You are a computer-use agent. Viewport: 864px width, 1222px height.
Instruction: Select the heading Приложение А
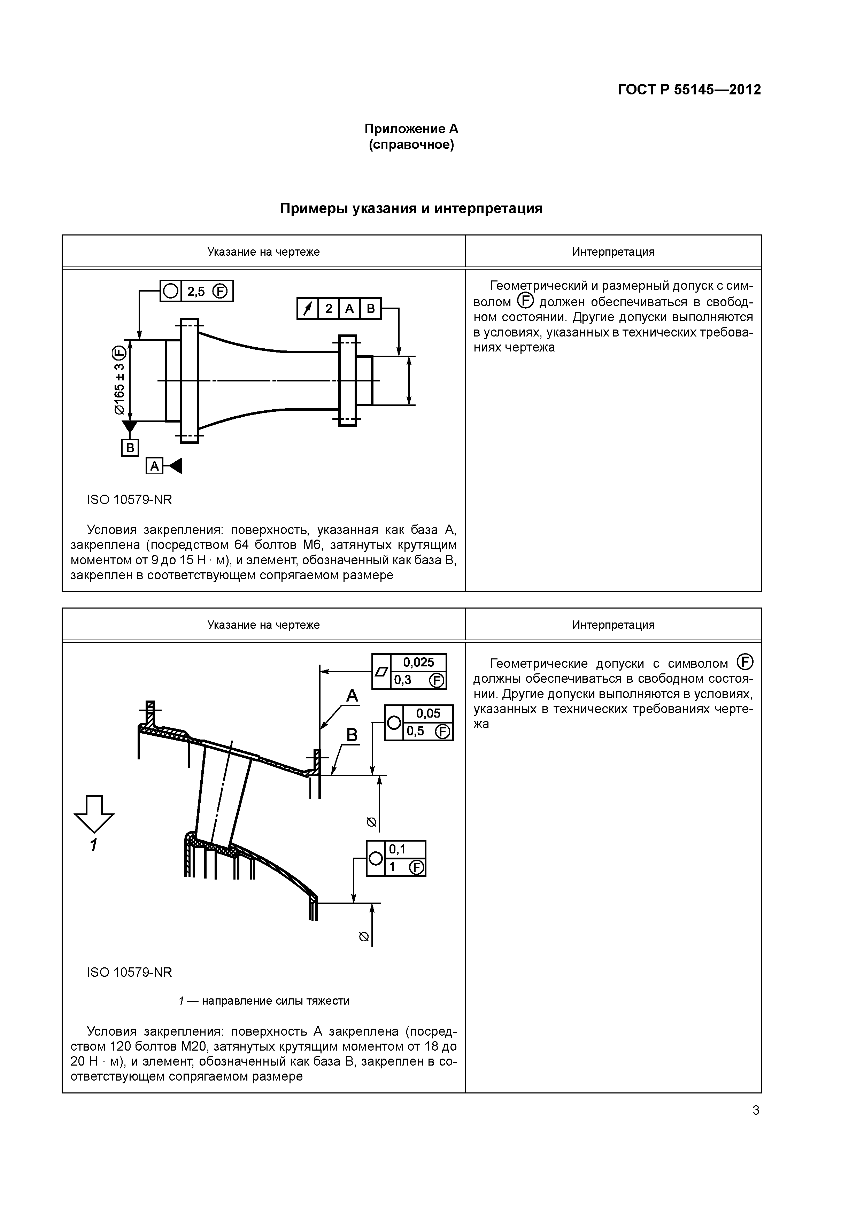(x=411, y=129)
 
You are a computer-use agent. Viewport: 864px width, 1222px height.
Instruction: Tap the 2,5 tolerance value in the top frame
(x=196, y=291)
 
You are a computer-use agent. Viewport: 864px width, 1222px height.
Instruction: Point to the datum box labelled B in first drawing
(x=130, y=448)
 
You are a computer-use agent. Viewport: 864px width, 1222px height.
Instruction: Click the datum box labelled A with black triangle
(x=154, y=466)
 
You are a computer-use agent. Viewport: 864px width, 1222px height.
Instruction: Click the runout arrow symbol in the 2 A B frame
(x=308, y=309)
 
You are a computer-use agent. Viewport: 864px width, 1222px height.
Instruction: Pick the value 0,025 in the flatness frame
(x=418, y=662)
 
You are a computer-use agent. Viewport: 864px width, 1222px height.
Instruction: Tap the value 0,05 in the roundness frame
(x=428, y=713)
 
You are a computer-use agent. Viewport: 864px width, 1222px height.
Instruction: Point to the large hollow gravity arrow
(x=94, y=813)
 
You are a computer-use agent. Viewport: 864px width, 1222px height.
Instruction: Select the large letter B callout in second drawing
(x=353, y=735)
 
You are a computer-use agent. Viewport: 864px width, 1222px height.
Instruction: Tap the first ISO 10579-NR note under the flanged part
(x=129, y=500)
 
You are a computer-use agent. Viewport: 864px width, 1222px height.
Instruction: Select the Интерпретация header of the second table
(x=613, y=625)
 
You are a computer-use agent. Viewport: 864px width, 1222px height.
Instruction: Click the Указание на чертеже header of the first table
(x=263, y=252)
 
